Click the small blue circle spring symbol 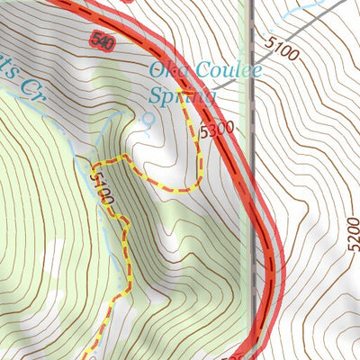click(148, 118)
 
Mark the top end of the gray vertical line click(251, 3)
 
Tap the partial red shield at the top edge click(128, 2)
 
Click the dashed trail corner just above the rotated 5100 click(94, 164)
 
